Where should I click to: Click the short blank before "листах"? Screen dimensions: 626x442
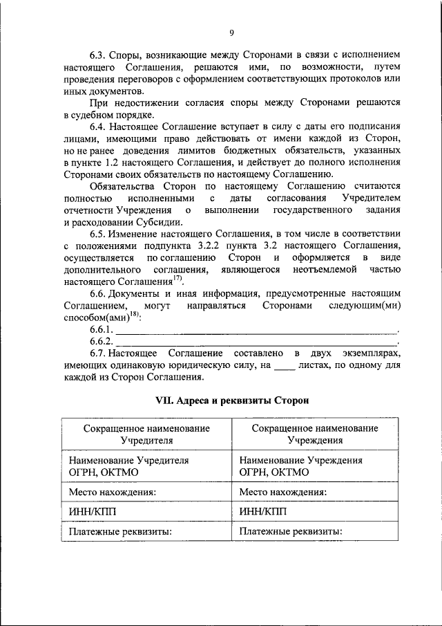pos(284,365)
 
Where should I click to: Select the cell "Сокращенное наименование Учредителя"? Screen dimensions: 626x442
pos(146,434)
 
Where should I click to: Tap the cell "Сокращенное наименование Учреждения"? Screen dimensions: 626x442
pos(314,434)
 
